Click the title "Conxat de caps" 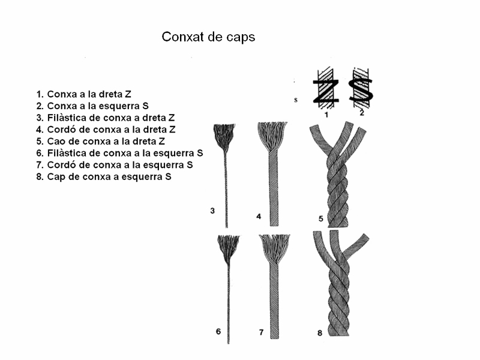[x=208, y=37]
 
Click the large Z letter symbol [x=326, y=91]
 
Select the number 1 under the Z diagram [x=326, y=115]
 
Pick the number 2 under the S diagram [x=362, y=113]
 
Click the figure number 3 [x=212, y=211]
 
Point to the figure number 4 [x=259, y=217]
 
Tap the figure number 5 [x=321, y=218]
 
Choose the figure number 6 [x=218, y=331]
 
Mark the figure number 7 [x=261, y=332]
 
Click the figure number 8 [x=320, y=333]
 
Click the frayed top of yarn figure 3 [x=224, y=137]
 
